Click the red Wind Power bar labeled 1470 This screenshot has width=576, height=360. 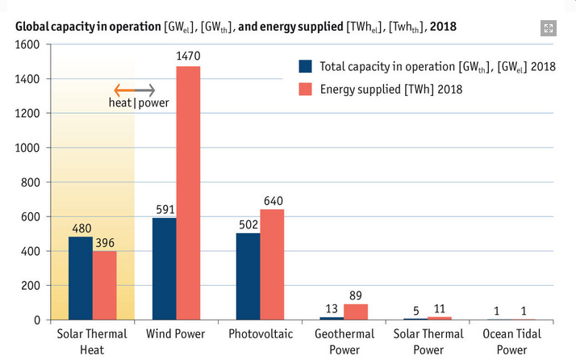click(x=188, y=193)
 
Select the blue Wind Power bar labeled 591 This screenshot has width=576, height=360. click(x=165, y=269)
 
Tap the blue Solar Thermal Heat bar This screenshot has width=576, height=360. click(x=80, y=278)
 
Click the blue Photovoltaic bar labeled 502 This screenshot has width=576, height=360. click(x=248, y=276)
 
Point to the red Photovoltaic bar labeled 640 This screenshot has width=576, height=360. click(x=272, y=265)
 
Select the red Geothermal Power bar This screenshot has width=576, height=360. click(x=356, y=312)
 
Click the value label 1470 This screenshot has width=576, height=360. click(x=188, y=57)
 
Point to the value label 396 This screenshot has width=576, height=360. click(x=104, y=242)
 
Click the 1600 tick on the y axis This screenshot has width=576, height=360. click(x=27, y=44)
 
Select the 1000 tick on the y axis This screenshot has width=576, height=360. click(x=27, y=148)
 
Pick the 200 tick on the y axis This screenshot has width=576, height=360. click(x=31, y=286)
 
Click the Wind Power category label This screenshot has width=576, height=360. click(x=176, y=334)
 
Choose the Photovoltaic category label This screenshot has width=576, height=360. click(x=261, y=334)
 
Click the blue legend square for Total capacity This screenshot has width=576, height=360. click(x=305, y=66)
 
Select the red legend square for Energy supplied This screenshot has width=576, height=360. click(x=305, y=89)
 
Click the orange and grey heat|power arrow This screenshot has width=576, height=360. click(x=134, y=90)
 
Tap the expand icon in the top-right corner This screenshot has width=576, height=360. click(x=549, y=28)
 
